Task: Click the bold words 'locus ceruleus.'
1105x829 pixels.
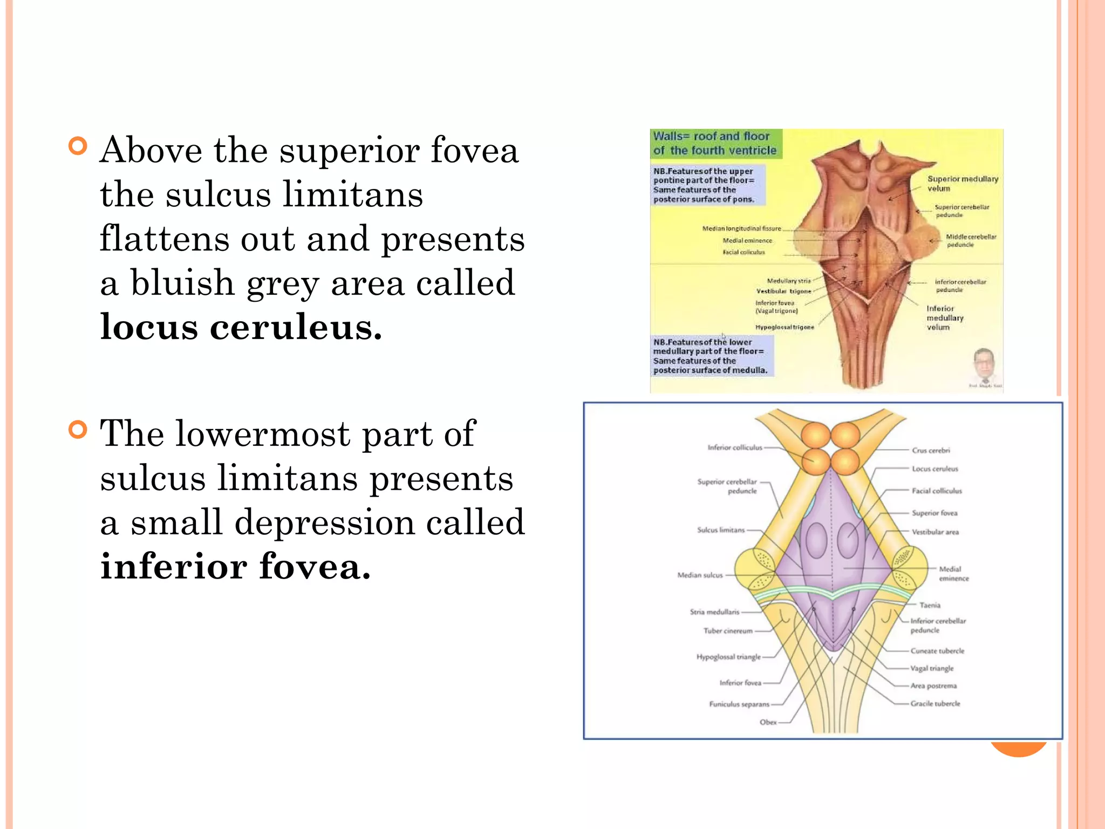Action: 241,327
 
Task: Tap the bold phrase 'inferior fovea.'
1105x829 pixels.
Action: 236,567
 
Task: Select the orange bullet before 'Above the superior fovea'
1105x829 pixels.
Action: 78,146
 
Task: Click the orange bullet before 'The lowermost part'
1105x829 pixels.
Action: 78,430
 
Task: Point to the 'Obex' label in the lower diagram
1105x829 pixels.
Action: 768,722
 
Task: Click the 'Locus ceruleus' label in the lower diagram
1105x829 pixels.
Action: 935,469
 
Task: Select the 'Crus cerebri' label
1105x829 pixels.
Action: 931,450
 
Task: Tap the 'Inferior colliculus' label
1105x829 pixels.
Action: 735,447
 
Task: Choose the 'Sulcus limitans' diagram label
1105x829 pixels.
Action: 720,530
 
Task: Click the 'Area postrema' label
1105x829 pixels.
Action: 933,686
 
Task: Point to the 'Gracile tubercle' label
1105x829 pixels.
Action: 935,704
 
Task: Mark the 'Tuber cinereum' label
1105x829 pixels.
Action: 727,631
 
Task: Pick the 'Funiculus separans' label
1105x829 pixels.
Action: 739,704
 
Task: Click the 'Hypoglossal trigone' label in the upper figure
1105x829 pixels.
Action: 785,327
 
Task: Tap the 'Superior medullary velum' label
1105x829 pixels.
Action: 962,184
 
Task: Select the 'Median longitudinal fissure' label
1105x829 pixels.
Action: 741,229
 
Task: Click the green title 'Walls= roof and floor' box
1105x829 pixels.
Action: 715,144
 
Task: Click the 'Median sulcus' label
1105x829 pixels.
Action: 700,575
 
